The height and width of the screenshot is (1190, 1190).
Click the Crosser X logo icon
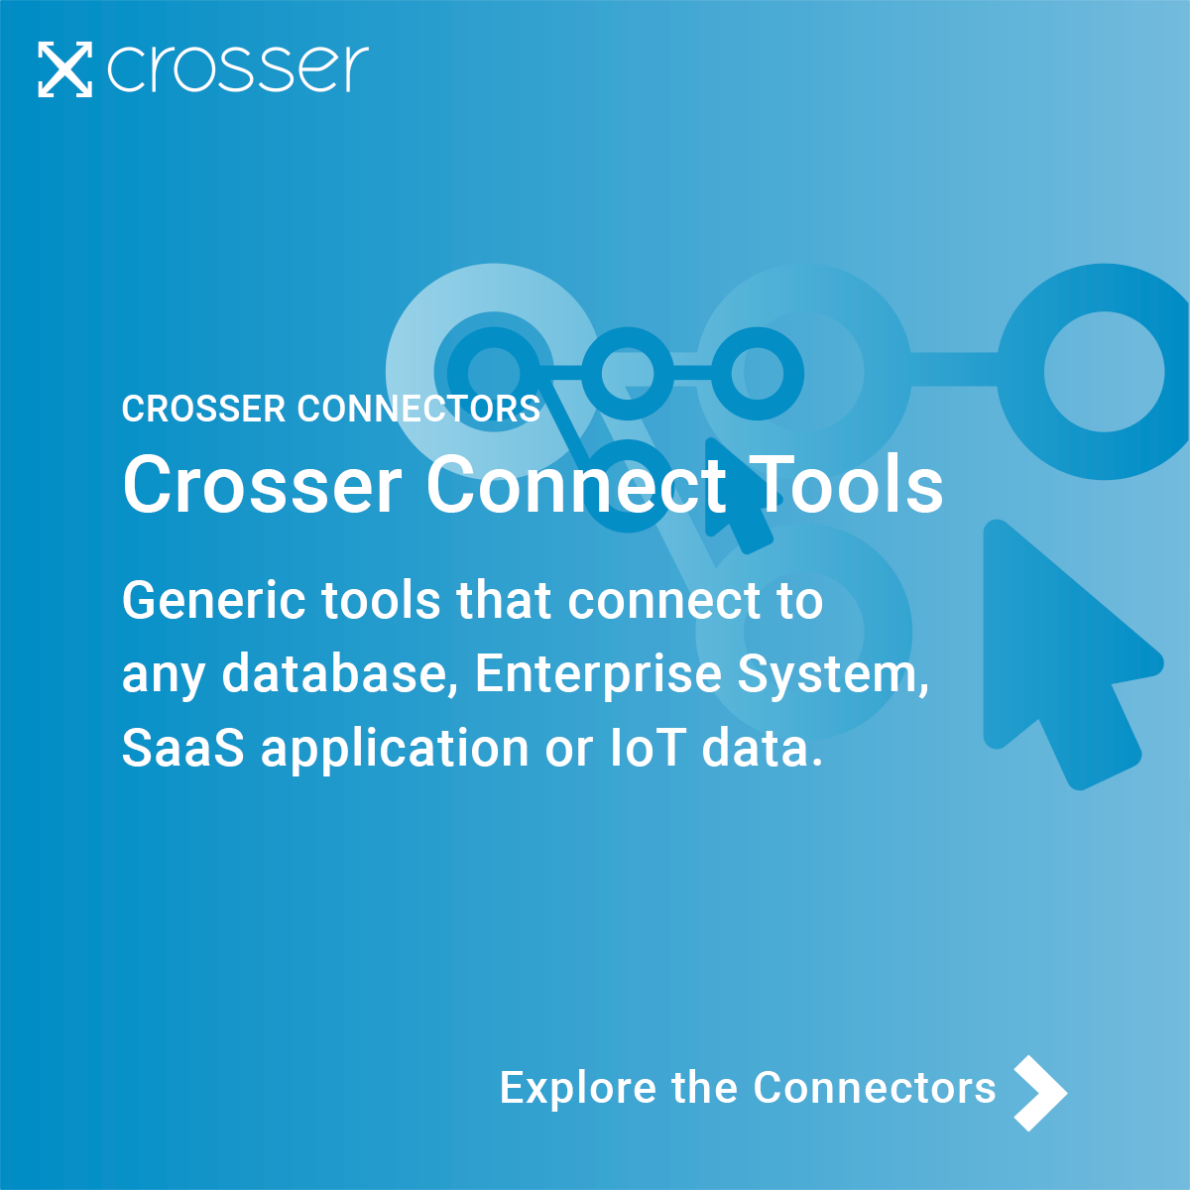(64, 69)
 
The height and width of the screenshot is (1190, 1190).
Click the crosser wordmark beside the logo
(238, 69)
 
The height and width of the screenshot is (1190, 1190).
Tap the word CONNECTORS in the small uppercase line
(419, 409)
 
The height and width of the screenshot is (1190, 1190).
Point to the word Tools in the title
(846, 485)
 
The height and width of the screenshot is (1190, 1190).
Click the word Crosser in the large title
(262, 485)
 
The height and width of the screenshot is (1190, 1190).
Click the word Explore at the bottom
(578, 1089)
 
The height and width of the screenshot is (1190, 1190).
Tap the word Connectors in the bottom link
(875, 1088)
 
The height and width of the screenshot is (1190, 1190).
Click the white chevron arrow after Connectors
(1039, 1093)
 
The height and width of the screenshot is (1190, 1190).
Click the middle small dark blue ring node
(627, 373)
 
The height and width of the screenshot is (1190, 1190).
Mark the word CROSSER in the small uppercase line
(203, 409)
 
